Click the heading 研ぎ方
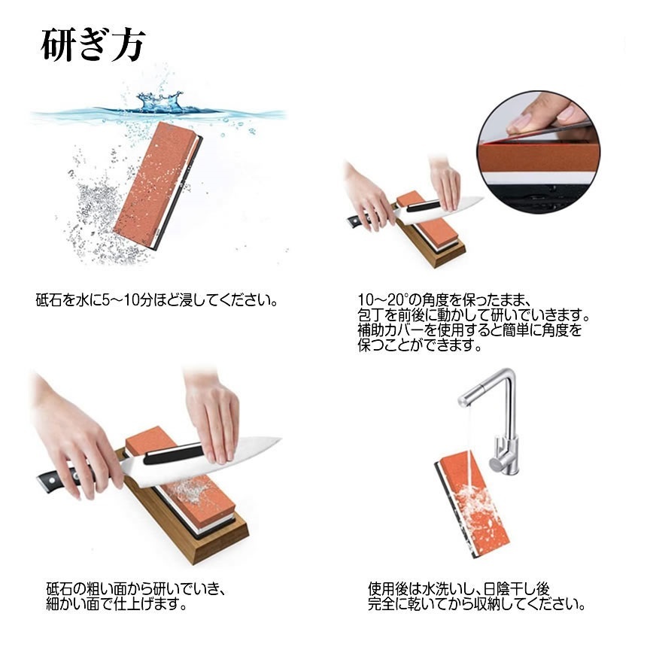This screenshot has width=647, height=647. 92,47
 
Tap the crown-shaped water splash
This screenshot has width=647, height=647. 161,102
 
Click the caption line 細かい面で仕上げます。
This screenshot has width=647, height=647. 117,603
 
